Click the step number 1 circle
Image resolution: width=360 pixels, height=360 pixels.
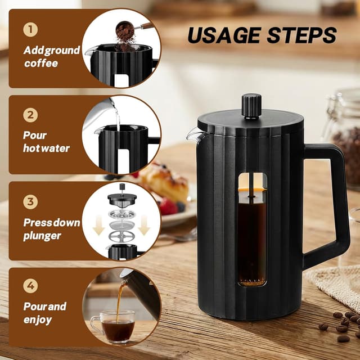(x=31, y=29)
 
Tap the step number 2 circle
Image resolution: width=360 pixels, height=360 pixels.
(x=31, y=115)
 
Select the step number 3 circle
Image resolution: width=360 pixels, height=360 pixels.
(x=31, y=201)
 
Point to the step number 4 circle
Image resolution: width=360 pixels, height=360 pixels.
(x=31, y=286)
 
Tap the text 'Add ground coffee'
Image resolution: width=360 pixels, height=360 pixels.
(x=51, y=57)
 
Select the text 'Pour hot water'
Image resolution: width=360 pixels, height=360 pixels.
(x=46, y=142)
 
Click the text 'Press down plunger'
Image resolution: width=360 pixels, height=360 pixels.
(x=51, y=229)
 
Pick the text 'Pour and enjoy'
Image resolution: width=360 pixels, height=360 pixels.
(x=44, y=313)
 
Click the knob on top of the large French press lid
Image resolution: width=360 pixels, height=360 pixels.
(x=251, y=105)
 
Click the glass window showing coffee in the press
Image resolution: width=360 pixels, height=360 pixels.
(x=251, y=231)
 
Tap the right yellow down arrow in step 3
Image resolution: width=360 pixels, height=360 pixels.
(x=144, y=224)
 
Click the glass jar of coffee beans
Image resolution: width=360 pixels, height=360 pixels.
(x=343, y=141)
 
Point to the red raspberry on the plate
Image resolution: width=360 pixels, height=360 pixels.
(x=168, y=206)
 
